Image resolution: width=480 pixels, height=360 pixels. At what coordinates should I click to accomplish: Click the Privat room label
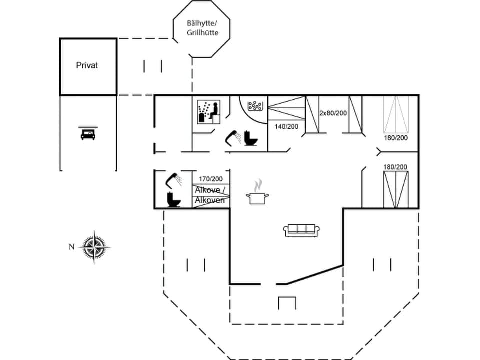coord(87,65)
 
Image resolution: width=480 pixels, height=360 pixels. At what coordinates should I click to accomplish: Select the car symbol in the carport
coord(87,133)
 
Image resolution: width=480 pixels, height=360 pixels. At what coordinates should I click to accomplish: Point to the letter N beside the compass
coord(71,246)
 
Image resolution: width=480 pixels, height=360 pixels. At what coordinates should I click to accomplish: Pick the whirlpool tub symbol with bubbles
coord(255,106)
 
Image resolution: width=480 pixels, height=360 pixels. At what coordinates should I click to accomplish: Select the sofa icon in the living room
coord(301,230)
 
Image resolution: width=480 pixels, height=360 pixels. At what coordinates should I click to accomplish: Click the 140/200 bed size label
coord(286,126)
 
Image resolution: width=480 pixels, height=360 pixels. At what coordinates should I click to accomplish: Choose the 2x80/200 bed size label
coord(333,113)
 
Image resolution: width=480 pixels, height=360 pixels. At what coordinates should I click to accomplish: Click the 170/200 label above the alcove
coord(210,179)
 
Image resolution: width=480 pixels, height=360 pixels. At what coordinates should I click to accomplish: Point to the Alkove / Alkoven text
coord(210,195)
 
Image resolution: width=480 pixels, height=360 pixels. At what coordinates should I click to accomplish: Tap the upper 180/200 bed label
coord(395,137)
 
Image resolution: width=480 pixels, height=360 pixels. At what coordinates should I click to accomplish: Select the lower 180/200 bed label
coord(395,166)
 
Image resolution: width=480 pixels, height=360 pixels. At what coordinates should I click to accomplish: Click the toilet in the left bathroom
coord(173,200)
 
